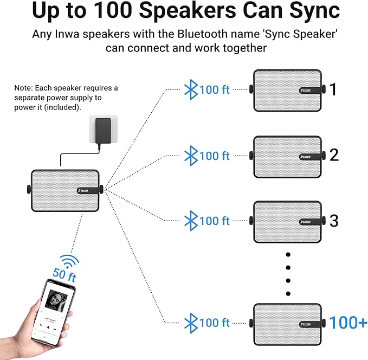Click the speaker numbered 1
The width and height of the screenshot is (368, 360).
click(x=287, y=89)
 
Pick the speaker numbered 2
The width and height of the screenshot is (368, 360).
click(x=287, y=156)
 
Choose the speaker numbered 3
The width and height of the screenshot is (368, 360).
click(x=287, y=221)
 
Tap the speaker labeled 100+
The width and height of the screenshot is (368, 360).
click(x=287, y=323)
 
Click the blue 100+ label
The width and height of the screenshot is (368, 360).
click(x=348, y=323)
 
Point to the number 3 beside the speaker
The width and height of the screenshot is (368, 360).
click(x=334, y=221)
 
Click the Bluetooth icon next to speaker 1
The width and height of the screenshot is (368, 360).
click(x=191, y=89)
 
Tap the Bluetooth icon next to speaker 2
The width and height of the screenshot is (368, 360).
click(x=191, y=156)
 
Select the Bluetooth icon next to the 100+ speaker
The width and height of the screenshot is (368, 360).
click(x=191, y=323)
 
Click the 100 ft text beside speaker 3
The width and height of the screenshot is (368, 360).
click(x=215, y=221)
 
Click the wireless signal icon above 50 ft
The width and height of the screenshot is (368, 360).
click(x=68, y=261)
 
